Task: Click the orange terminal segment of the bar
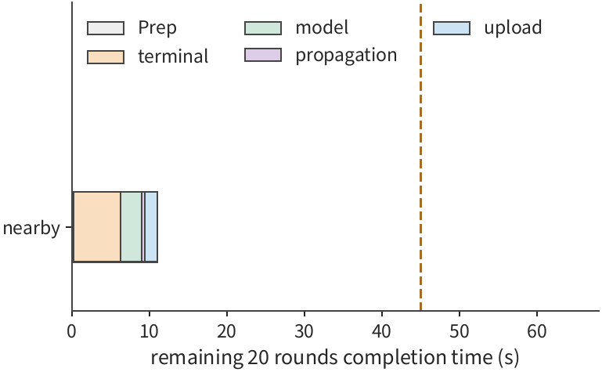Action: click(x=97, y=227)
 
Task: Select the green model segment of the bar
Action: click(x=132, y=227)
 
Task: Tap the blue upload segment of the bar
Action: click(x=151, y=227)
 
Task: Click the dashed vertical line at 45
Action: click(x=421, y=157)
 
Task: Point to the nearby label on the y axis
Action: click(x=31, y=228)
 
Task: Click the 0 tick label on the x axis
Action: click(x=72, y=331)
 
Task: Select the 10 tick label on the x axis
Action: click(x=150, y=331)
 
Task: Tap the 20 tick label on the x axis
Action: click(x=226, y=331)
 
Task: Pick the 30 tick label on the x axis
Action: click(x=304, y=331)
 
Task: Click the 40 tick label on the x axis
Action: click(x=381, y=331)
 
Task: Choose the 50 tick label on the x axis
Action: click(x=460, y=331)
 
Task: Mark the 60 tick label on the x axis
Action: click(x=537, y=331)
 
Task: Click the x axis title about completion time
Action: click(x=335, y=357)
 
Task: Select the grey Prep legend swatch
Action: click(x=106, y=28)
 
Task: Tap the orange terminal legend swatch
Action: click(x=106, y=56)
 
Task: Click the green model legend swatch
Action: click(x=263, y=28)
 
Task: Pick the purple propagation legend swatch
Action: click(x=263, y=55)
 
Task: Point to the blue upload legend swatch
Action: click(x=452, y=28)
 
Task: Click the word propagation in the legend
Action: click(x=346, y=56)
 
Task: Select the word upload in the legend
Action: click(x=513, y=28)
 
